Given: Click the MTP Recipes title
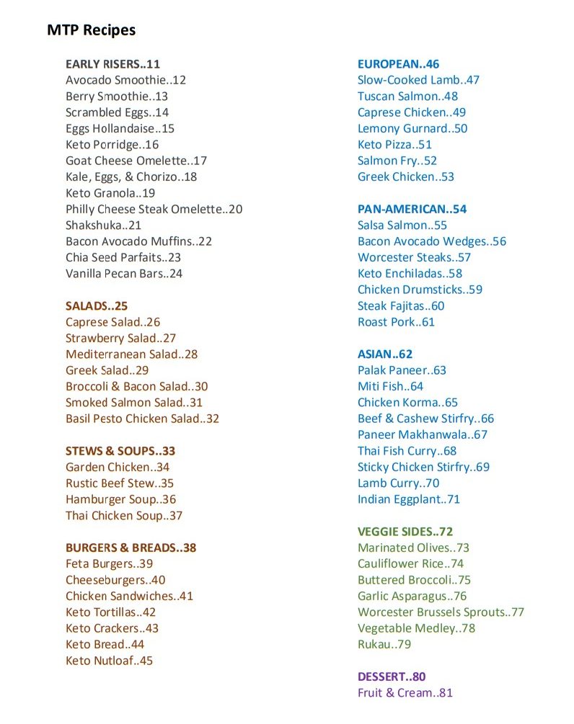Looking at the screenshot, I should click(x=91, y=30).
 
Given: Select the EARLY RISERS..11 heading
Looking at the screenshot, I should click(x=112, y=64).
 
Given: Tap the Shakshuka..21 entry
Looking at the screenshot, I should click(x=103, y=225).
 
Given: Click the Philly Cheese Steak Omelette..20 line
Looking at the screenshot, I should click(x=154, y=210).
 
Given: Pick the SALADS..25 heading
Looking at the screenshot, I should click(x=97, y=306).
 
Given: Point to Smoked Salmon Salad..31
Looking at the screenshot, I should click(x=134, y=403).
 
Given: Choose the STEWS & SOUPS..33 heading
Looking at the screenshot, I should click(x=120, y=452).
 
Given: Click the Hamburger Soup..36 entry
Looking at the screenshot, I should click(x=120, y=499).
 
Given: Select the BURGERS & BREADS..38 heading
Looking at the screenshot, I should click(x=131, y=548).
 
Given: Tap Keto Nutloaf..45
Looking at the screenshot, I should click(x=109, y=661).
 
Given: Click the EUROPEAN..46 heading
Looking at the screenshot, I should click(x=398, y=64).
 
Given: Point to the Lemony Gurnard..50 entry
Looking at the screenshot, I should click(x=412, y=128).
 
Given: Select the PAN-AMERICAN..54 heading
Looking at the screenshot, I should click(x=412, y=210).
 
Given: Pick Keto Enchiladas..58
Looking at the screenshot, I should click(x=410, y=274).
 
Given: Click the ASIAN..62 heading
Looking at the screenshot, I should click(x=385, y=354).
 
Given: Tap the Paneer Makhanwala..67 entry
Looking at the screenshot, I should click(x=423, y=435).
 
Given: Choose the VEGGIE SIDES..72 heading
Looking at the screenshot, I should click(x=405, y=532).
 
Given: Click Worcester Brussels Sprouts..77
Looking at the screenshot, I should click(x=441, y=612).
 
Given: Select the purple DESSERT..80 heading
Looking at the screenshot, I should click(x=392, y=677).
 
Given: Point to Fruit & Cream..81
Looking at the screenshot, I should click(x=405, y=693).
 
